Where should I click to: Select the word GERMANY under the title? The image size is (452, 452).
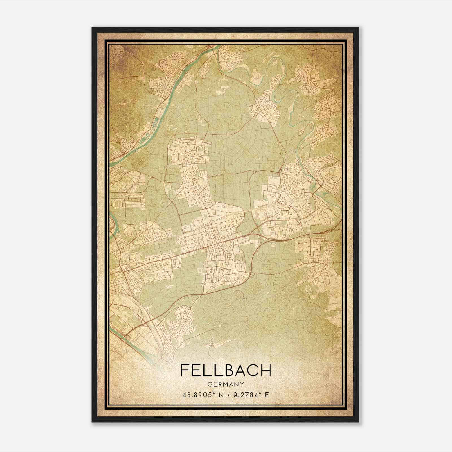[225, 384]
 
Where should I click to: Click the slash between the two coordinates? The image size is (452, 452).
[226, 395]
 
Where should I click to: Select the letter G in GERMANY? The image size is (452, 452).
[209, 384]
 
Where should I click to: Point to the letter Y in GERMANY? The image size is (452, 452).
[242, 384]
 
